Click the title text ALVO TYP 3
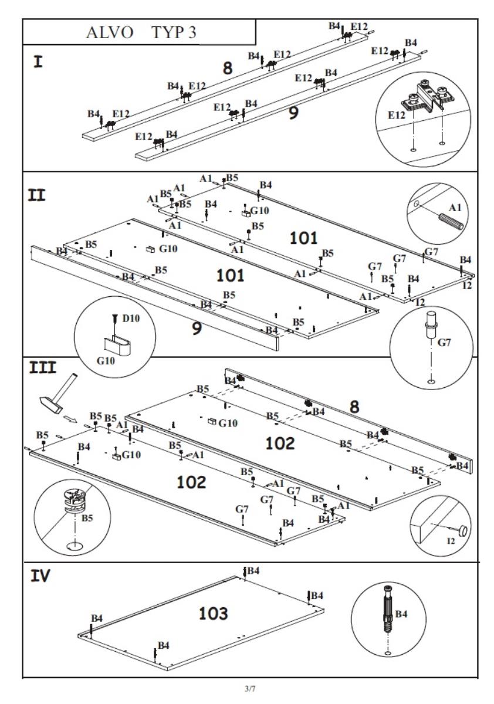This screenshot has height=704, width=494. pyautogui.click(x=140, y=33)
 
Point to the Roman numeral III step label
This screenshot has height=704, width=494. pyautogui.click(x=43, y=367)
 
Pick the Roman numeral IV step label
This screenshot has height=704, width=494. pyautogui.click(x=40, y=576)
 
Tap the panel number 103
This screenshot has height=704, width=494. pyautogui.click(x=214, y=614)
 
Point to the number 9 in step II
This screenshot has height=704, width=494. pyautogui.click(x=197, y=327)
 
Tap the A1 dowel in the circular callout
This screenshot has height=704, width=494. pyautogui.click(x=450, y=221)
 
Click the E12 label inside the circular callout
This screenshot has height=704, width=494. pyautogui.click(x=397, y=116)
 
